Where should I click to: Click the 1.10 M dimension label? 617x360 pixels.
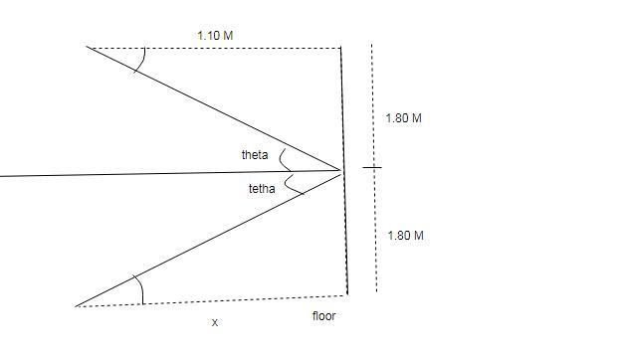[215, 36]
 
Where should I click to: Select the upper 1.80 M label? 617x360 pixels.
[404, 118]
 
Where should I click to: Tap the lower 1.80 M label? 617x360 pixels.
[406, 236]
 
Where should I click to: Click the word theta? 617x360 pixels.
[255, 155]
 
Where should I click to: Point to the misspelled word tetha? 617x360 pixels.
[262, 189]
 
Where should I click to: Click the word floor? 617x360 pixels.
[324, 316]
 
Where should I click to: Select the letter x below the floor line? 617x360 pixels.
[215, 322]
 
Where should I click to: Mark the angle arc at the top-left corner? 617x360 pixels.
[143, 61]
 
